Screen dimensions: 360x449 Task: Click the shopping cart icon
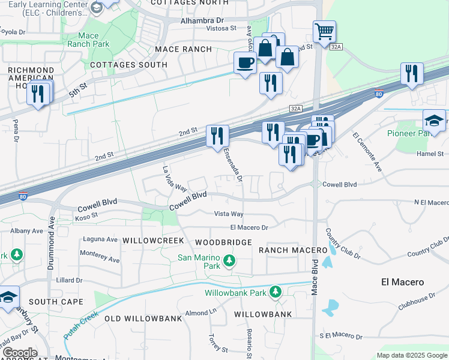coord(324,31)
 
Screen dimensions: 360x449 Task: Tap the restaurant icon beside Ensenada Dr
coord(217,135)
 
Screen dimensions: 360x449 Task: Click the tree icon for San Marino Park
coord(228,260)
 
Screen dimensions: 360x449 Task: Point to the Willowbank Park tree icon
coord(275,292)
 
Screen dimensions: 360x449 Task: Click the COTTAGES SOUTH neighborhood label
coord(128,65)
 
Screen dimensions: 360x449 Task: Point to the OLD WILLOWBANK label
coord(143,318)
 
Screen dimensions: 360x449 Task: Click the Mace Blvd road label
coord(314,275)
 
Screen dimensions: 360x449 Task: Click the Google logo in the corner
coord(20,353)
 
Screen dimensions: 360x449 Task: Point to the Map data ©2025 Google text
coord(412,355)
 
